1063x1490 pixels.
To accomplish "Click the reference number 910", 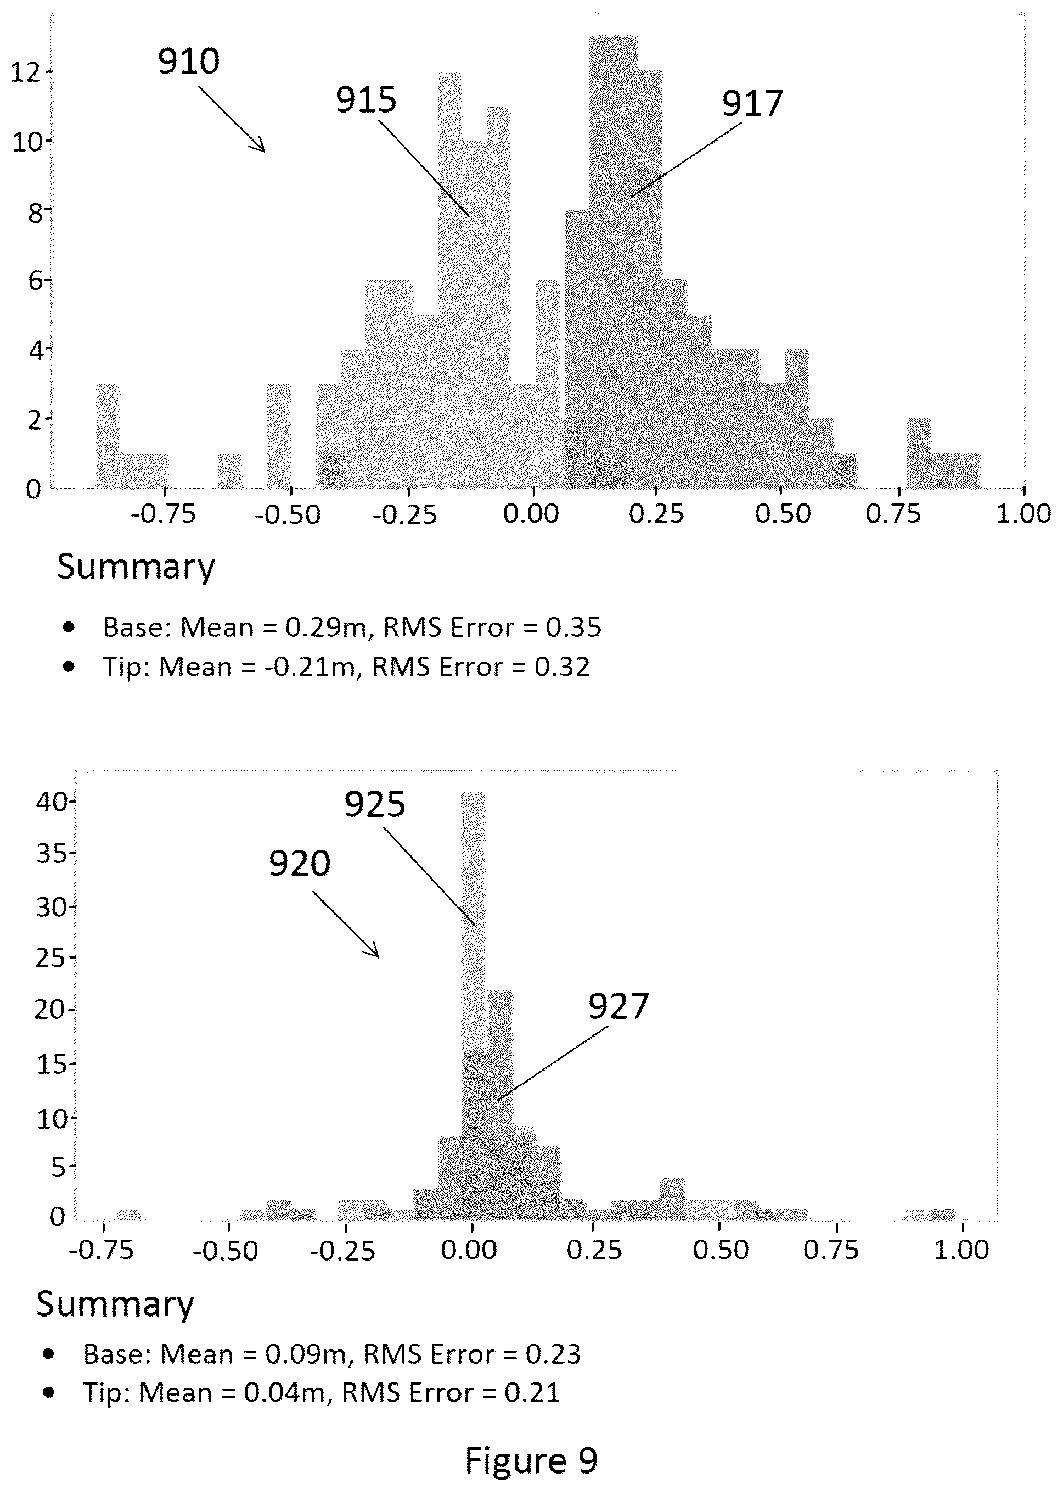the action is [189, 61].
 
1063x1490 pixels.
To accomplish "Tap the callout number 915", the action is [367, 100].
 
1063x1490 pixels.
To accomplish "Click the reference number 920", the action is [299, 864].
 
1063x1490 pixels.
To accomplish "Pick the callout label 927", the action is [618, 1006].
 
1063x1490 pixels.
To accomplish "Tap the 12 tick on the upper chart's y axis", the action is [26, 71].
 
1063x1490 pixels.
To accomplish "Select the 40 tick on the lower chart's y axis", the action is [52, 802].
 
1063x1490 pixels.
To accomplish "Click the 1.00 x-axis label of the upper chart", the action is [1023, 514].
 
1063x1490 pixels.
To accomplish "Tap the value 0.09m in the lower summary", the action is [306, 1353].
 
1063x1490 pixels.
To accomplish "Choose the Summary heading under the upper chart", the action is [136, 567].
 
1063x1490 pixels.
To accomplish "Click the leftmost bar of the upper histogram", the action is [108, 436].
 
